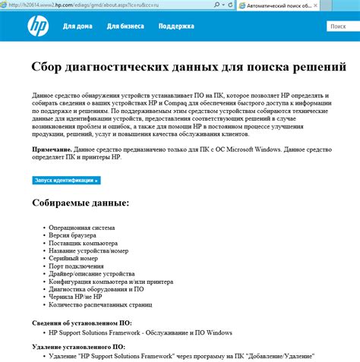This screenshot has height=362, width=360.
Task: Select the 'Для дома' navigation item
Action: (x=77, y=27)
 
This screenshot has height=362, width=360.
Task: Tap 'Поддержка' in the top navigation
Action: (x=176, y=27)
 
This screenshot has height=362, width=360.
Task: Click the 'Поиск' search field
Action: (x=343, y=27)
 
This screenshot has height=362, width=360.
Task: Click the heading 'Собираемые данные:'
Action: (x=81, y=203)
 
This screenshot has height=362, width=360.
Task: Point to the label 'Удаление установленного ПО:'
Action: (x=77, y=347)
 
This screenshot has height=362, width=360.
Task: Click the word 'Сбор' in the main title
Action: (x=52, y=67)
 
